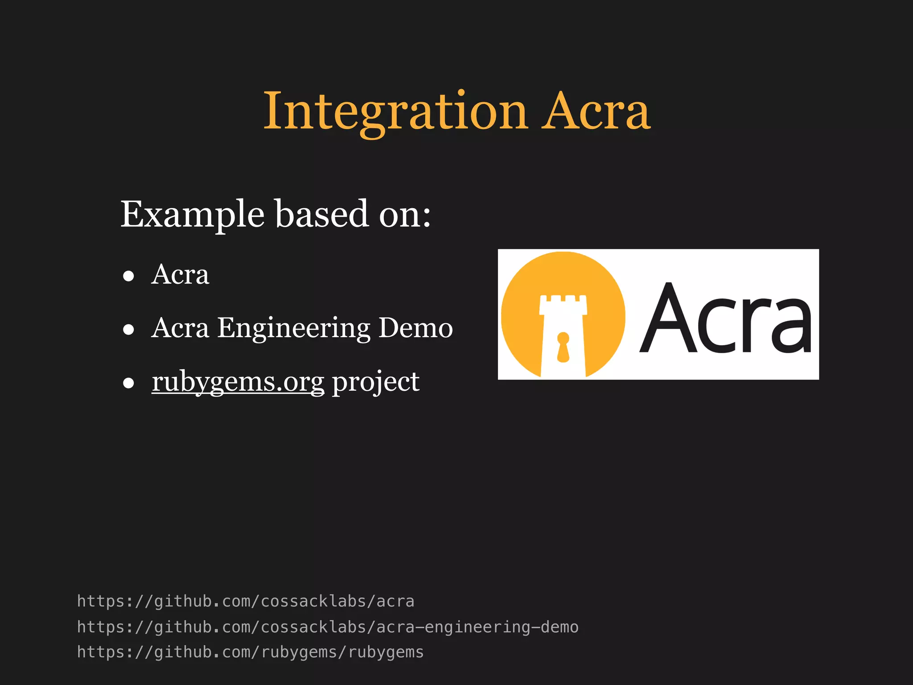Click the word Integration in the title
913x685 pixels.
[395, 111]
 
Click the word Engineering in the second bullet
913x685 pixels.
[294, 328]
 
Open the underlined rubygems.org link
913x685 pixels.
[238, 382]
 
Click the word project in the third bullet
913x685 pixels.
[375, 383]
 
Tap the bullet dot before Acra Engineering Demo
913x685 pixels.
[129, 330]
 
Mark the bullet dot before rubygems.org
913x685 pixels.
[129, 383]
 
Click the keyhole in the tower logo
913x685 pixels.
[563, 347]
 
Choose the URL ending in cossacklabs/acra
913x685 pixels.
[246, 601]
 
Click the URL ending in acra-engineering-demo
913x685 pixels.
[328, 627]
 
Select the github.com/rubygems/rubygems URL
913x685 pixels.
[250, 652]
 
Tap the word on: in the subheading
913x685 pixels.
[405, 215]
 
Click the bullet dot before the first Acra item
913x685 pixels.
[129, 276]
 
